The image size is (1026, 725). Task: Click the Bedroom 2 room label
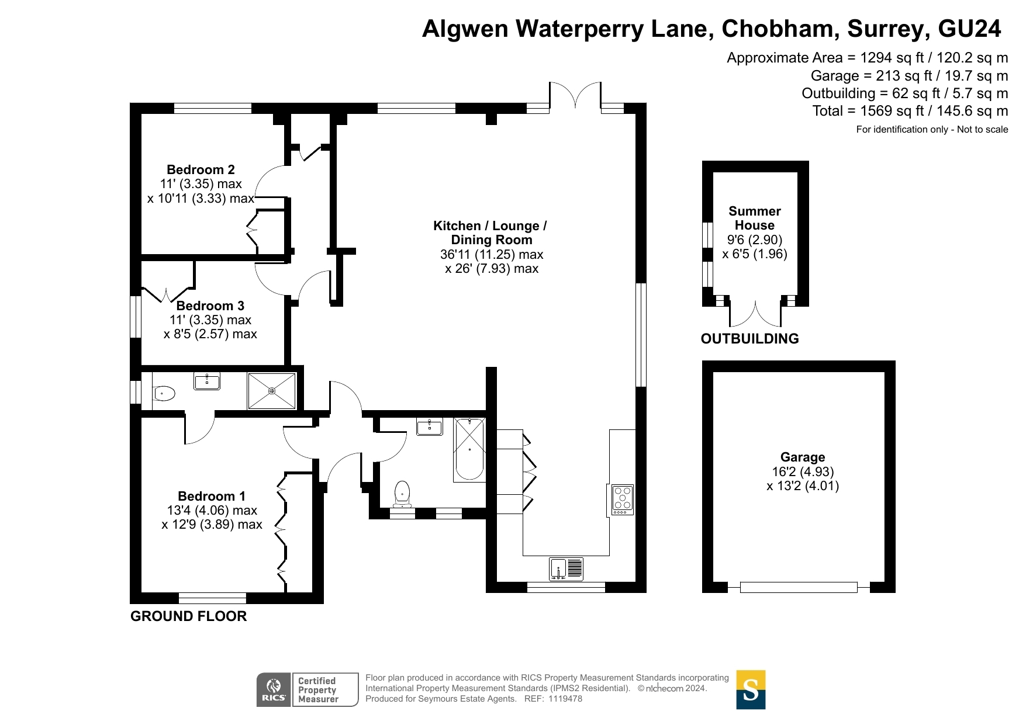point(201,170)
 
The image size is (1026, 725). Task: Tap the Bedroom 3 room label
point(210,306)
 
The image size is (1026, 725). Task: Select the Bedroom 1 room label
point(212,497)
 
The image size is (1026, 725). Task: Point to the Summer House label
point(755,218)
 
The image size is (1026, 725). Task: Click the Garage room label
point(803,457)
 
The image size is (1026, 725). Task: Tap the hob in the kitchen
point(623,499)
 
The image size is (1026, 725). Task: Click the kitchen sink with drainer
point(566,569)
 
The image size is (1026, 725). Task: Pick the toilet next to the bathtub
point(402,494)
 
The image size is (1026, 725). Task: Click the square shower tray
point(272,391)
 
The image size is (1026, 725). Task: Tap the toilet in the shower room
point(163,393)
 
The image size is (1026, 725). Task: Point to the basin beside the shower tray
point(207,381)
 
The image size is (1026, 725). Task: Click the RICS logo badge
point(308,690)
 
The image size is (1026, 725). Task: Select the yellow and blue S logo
point(751,690)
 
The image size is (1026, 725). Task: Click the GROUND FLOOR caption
point(188,616)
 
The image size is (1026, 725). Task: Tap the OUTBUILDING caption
point(749,339)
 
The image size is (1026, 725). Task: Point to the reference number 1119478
point(565,699)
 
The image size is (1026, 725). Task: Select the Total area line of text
point(910,111)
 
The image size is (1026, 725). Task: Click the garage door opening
point(799,587)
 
